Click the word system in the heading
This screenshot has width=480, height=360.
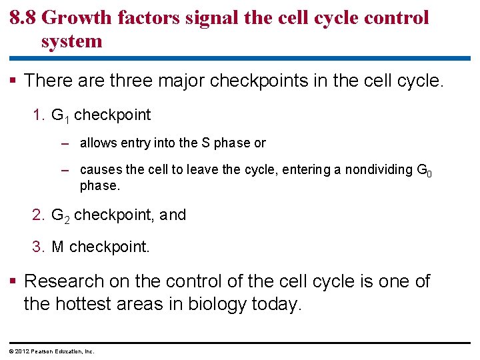[x=71, y=41]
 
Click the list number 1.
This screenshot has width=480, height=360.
[x=37, y=115]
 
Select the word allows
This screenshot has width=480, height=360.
[x=98, y=143]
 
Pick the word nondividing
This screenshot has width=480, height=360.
[x=376, y=170]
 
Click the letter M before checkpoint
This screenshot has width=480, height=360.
[x=57, y=247]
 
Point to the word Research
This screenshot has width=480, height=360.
[x=64, y=281]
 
